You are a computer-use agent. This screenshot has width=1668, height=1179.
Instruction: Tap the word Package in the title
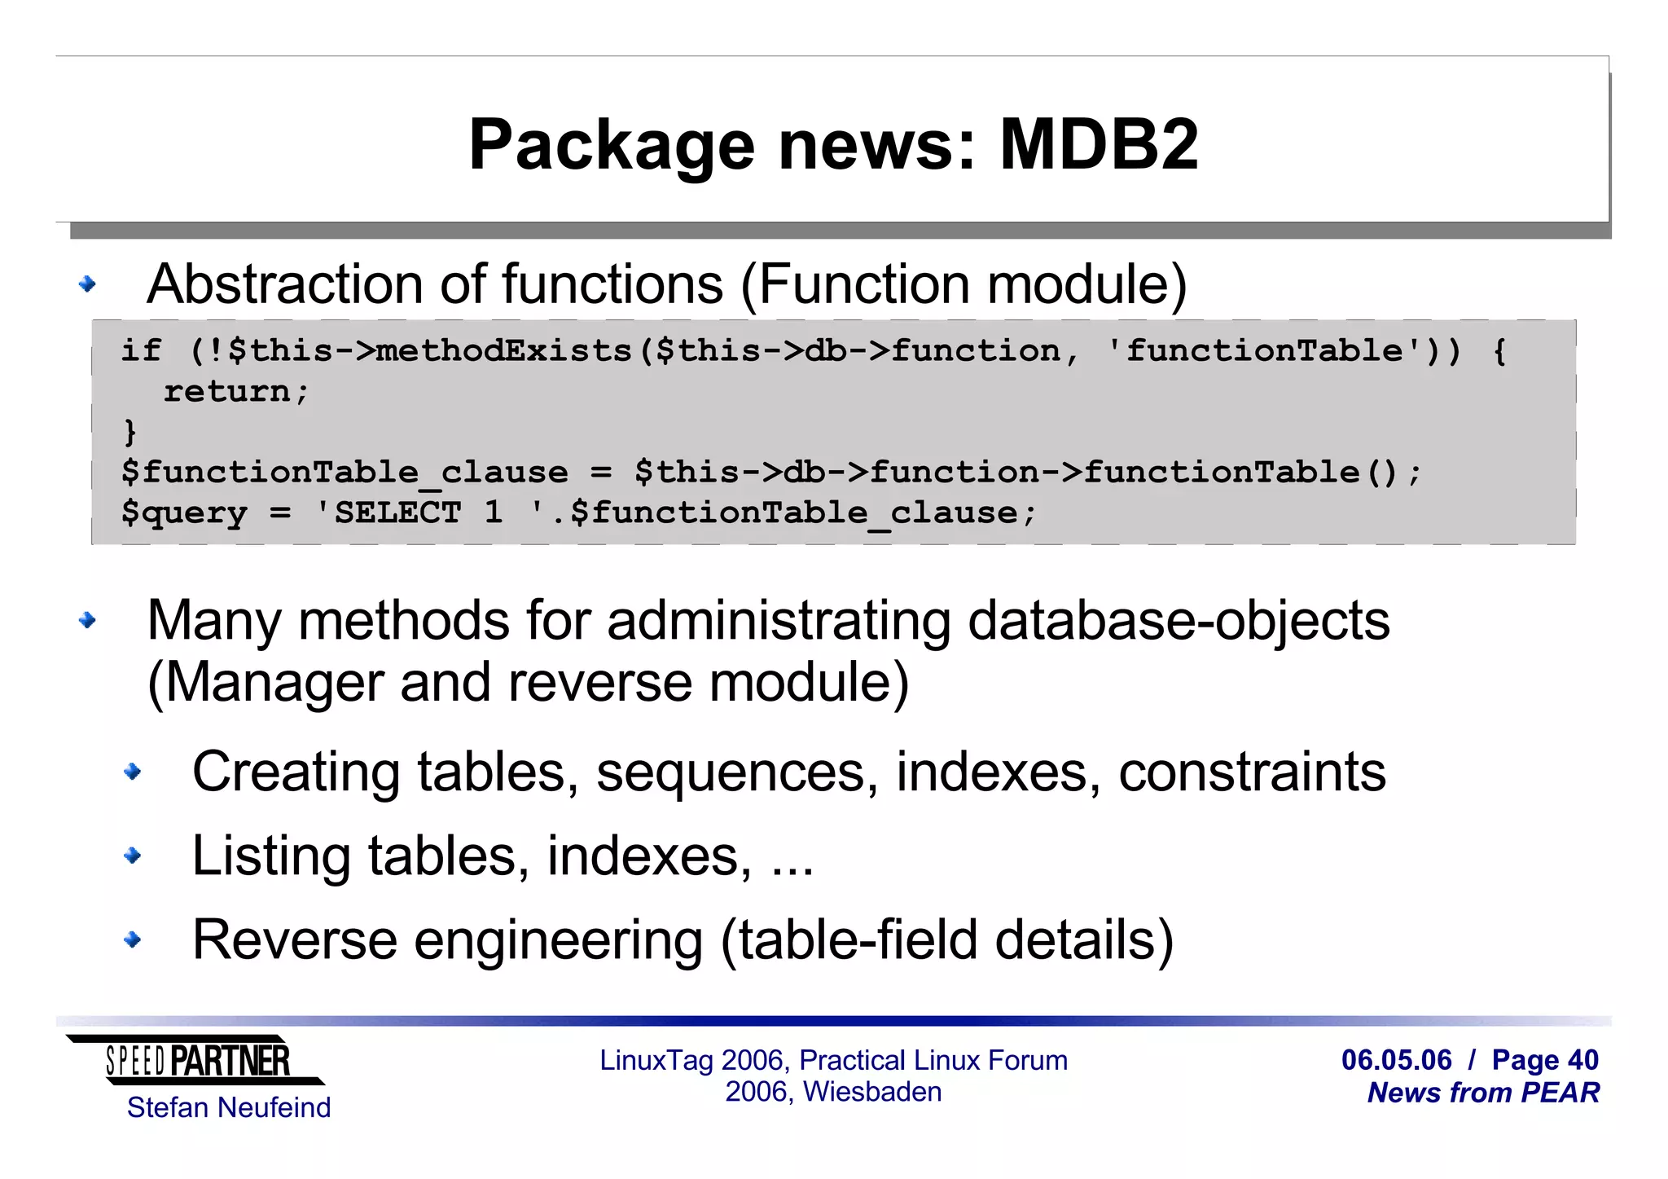click(x=612, y=147)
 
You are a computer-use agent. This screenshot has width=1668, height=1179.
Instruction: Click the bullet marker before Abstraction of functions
click(x=87, y=284)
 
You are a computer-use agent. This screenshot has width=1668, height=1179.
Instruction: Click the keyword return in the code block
click(x=226, y=392)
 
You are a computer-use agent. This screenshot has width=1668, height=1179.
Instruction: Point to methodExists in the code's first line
click(x=504, y=351)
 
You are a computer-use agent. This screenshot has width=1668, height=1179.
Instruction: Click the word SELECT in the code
click(x=397, y=513)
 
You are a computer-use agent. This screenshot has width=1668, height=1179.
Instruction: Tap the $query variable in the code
click(x=184, y=513)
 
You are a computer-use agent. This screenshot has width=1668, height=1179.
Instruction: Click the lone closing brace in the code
click(x=129, y=432)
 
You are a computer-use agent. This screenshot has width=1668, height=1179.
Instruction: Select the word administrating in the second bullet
click(x=779, y=621)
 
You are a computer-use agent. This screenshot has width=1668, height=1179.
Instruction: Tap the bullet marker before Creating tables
click(x=132, y=772)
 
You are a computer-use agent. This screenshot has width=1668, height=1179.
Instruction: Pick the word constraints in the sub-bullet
click(x=1251, y=772)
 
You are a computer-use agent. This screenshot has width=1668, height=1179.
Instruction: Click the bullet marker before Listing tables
click(x=132, y=856)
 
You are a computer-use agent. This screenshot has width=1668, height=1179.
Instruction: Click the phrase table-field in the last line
click(x=856, y=939)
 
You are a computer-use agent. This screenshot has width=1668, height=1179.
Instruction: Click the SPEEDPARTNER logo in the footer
click(x=196, y=1061)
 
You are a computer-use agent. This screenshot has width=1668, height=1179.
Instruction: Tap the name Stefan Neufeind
click(x=229, y=1108)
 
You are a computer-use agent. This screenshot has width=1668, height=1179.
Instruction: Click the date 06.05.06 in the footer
click(x=1396, y=1060)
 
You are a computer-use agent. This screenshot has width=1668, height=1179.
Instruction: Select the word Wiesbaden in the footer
click(x=872, y=1092)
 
